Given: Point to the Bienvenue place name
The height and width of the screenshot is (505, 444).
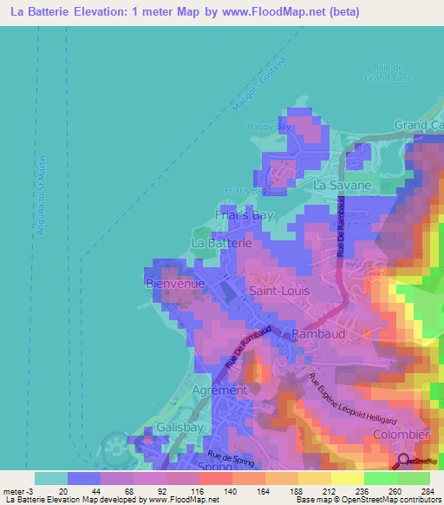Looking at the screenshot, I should pos(174,284).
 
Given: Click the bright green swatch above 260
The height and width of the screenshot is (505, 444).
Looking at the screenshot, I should pos(381,478).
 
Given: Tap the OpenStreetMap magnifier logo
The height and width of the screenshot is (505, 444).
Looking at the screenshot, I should pos(403,462).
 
